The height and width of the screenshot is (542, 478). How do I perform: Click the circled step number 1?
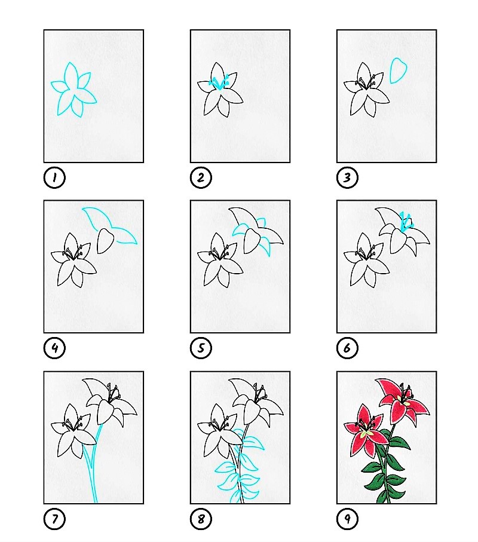[x=54, y=177]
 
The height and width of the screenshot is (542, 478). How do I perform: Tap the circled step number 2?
[x=201, y=177]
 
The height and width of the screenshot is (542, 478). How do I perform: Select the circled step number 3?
[x=347, y=177]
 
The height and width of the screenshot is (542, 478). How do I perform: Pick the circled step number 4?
[x=54, y=348]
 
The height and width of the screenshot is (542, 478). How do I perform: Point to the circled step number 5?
[x=201, y=348]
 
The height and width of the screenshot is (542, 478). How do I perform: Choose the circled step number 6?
[x=347, y=348]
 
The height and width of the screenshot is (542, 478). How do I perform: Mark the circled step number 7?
[x=54, y=519]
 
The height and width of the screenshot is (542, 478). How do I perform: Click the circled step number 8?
[x=201, y=519]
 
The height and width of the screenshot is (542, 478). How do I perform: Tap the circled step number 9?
[x=347, y=519]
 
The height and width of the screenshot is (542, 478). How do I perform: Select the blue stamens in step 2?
[x=219, y=83]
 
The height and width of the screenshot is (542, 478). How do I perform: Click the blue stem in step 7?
[x=93, y=463]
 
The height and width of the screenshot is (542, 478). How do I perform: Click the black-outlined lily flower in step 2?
[x=220, y=90]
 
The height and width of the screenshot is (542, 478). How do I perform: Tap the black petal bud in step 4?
[x=105, y=241]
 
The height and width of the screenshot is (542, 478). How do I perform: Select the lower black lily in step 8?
[x=220, y=432]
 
